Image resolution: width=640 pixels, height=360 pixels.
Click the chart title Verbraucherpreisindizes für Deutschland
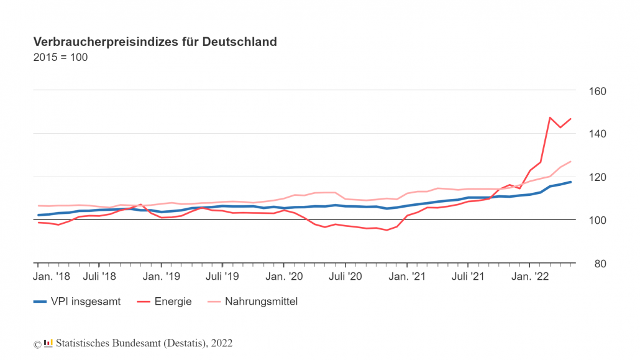155,42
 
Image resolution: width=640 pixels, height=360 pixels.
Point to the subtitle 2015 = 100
60,58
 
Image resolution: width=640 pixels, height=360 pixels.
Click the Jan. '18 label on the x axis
52,275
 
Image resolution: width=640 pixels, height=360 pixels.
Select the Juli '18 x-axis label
99,275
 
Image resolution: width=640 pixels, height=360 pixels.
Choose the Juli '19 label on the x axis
222,275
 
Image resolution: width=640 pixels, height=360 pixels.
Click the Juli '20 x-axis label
345,275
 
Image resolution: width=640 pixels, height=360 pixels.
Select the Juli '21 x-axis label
468,275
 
